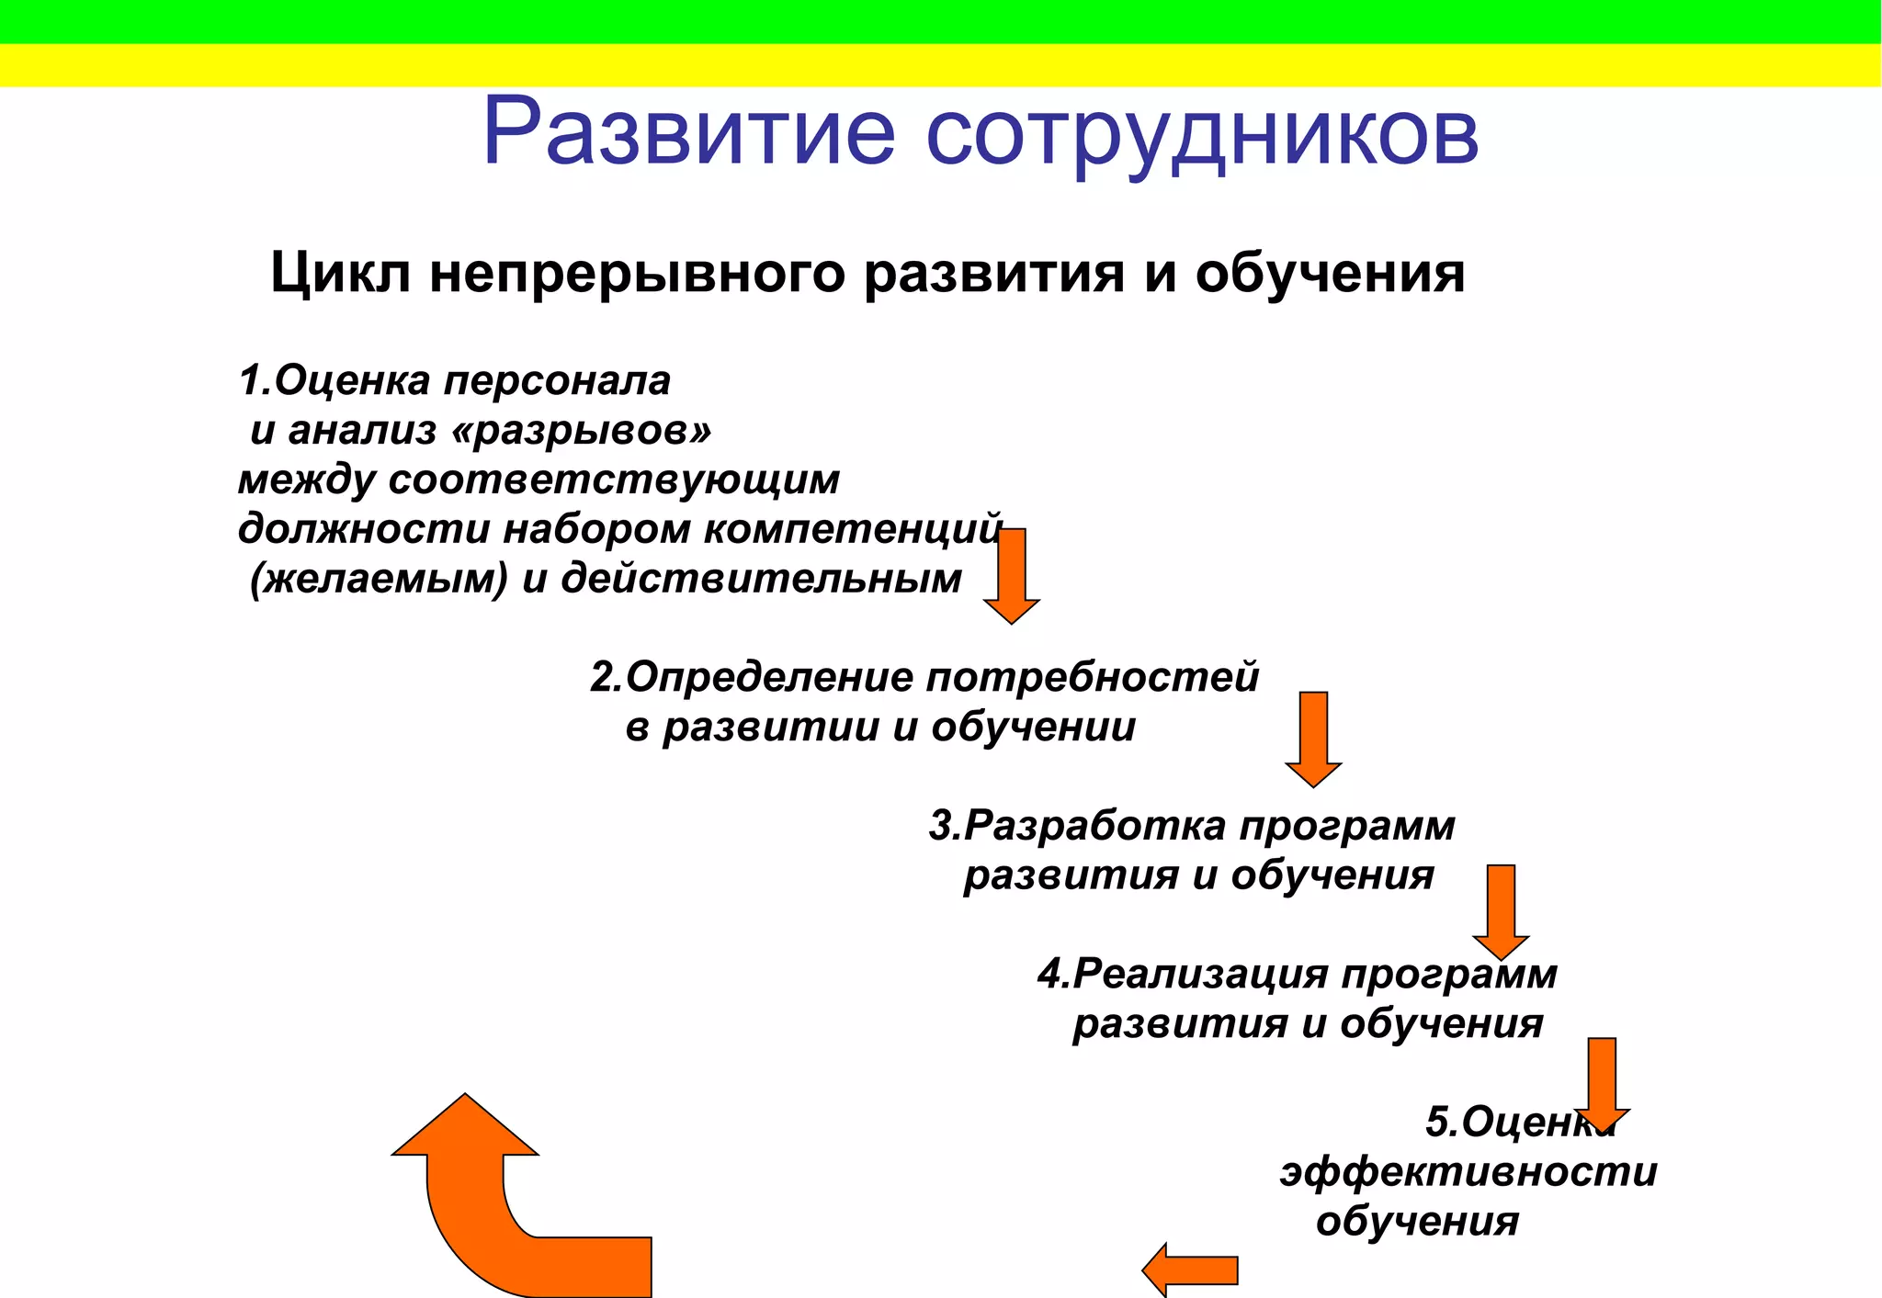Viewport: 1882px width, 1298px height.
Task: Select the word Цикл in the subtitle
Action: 340,274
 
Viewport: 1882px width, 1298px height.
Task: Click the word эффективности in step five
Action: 1468,1172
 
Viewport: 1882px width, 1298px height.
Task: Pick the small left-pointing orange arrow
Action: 1190,1270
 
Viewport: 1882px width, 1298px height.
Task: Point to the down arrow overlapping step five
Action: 1602,1085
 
